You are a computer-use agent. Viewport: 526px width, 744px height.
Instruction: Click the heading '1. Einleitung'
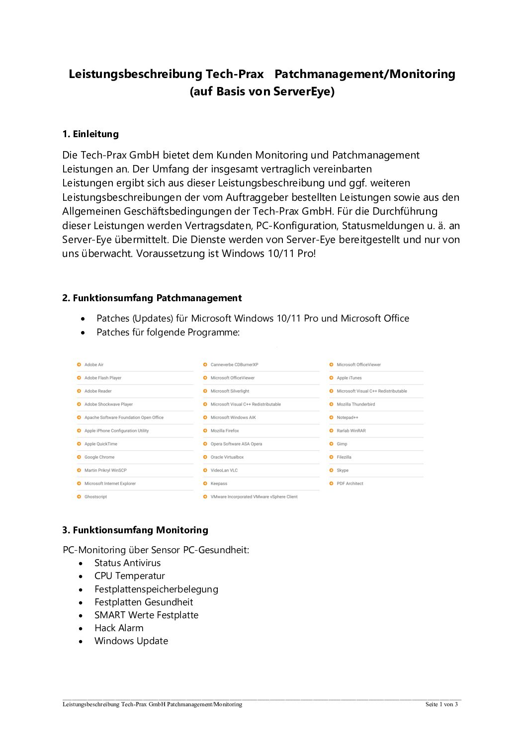pos(90,134)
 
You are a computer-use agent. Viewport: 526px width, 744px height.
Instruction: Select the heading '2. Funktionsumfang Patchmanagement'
pos(152,298)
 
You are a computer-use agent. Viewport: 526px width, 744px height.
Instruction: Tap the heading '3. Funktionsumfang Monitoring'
pos(135,530)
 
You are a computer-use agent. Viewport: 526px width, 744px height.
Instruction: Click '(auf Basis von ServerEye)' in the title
pos(262,91)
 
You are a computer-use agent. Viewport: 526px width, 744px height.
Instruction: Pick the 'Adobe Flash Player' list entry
pos(102,378)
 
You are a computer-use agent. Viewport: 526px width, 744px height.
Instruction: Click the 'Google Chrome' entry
pos(99,457)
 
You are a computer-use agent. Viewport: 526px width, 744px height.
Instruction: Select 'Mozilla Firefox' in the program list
pos(224,431)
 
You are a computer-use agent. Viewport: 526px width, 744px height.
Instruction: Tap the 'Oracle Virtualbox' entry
pos(227,457)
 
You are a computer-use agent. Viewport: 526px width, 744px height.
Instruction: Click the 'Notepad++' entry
pos(347,418)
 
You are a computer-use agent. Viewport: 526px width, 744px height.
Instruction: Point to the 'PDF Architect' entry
pos(350,484)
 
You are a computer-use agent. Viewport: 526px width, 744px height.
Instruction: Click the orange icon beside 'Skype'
pos(331,470)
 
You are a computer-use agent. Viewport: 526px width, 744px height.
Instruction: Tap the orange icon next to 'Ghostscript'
pos(79,496)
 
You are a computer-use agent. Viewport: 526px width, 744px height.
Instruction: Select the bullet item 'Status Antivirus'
pos(127,563)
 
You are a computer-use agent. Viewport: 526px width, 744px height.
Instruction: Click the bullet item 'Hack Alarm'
pos(119,628)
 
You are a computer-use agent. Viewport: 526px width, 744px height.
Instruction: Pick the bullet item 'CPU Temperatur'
pos(129,576)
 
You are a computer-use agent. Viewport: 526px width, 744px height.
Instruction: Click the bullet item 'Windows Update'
pos(131,641)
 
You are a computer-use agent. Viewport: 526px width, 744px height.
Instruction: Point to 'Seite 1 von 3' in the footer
pos(441,704)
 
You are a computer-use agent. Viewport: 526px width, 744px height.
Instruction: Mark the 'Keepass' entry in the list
pos(219,484)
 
